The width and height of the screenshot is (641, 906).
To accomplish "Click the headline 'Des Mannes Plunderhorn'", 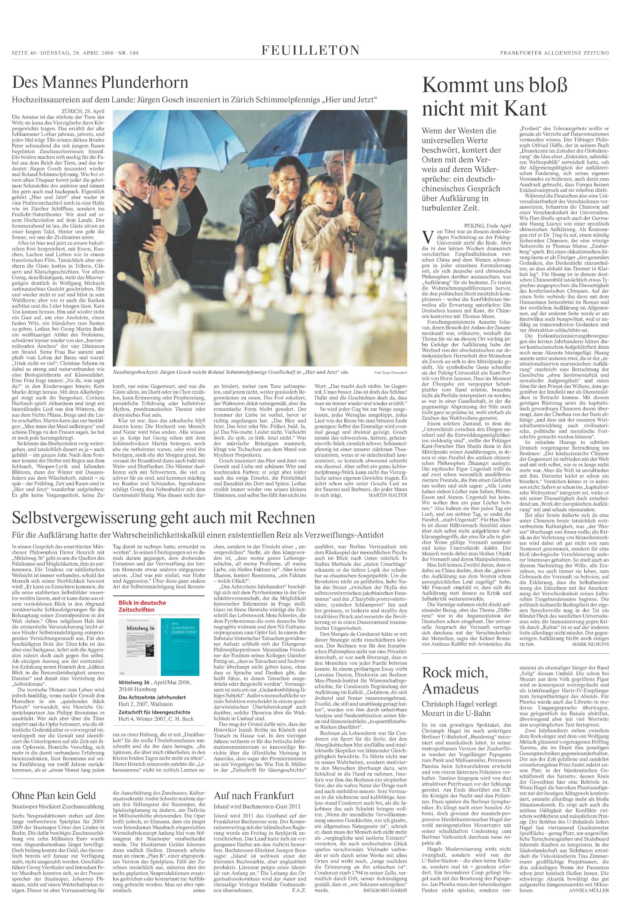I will [100, 82].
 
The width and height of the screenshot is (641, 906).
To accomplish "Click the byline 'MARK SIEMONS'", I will [590, 644].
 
